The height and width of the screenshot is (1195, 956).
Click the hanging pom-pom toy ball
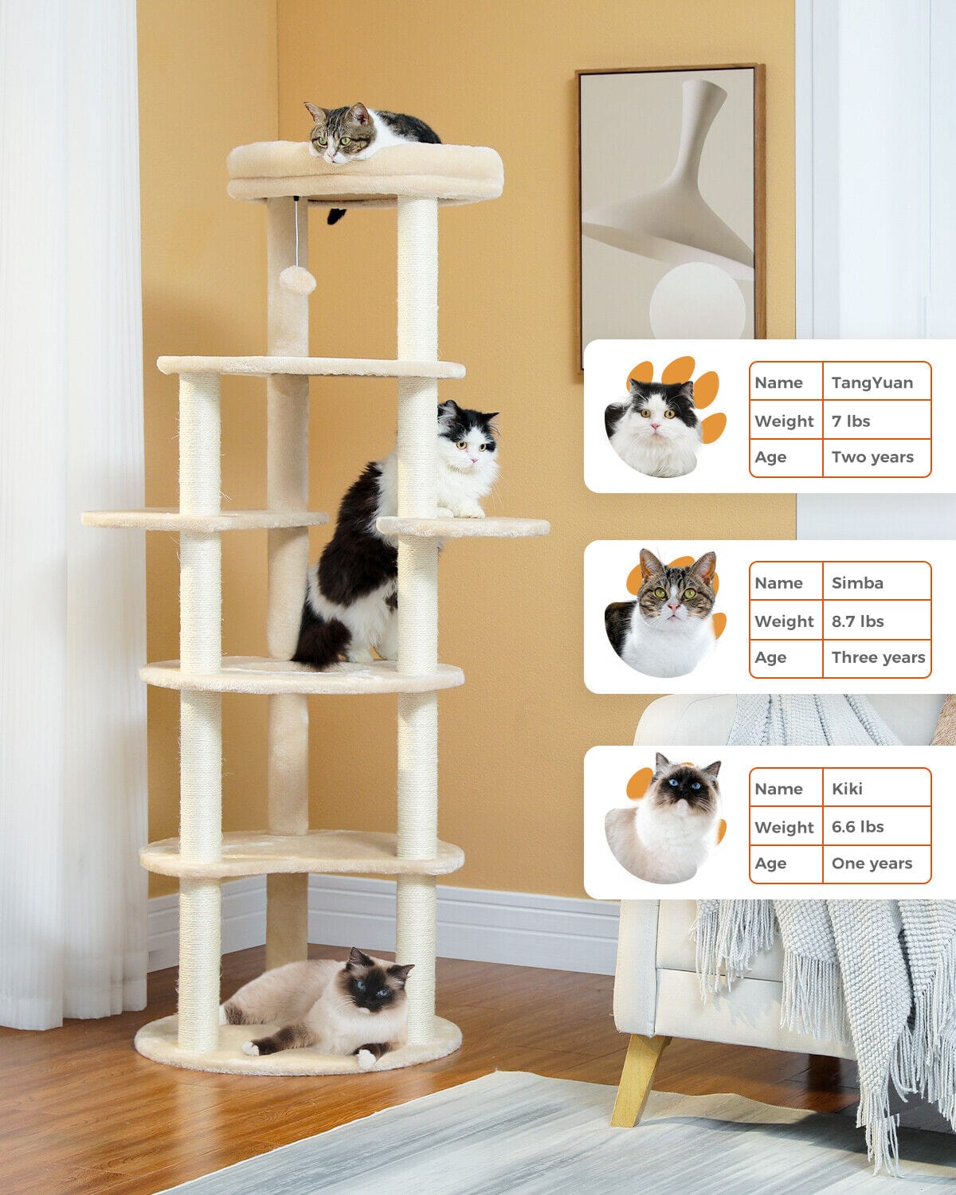click(298, 280)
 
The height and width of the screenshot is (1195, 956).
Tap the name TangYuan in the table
click(872, 382)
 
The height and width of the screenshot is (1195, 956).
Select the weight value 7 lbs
click(851, 421)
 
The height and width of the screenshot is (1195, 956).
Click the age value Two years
click(872, 457)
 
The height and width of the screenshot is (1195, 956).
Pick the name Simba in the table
click(857, 582)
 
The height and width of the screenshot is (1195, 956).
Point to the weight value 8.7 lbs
click(858, 621)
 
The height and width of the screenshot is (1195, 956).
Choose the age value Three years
click(878, 657)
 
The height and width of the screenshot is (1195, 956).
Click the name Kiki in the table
click(847, 789)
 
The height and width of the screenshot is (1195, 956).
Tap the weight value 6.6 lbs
click(858, 826)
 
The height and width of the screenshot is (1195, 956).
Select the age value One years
click(872, 863)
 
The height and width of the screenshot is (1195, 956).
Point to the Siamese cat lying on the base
click(319, 1005)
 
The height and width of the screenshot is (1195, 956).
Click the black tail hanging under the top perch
click(335, 215)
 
